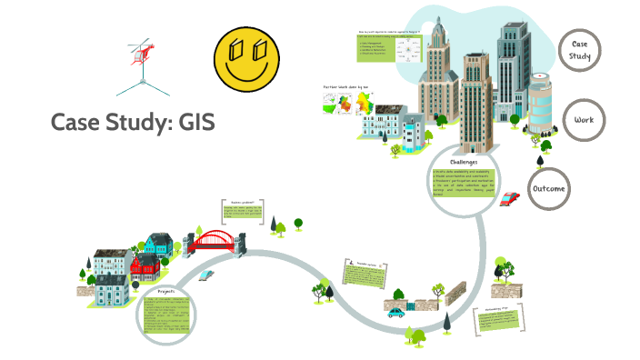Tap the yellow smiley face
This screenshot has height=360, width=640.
coord(247,55)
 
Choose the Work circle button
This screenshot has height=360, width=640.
coord(583,120)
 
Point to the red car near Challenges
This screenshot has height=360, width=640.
coord(511,197)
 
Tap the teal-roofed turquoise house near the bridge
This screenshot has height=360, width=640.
coord(158,243)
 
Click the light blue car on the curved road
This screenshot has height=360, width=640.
coord(208,273)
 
